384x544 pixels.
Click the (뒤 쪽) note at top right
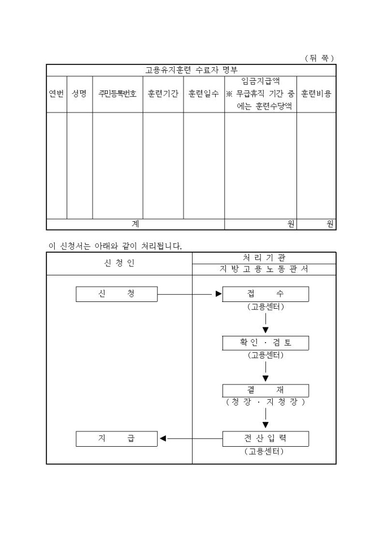point(319,58)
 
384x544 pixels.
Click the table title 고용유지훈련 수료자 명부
point(191,70)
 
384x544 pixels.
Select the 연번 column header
point(56,94)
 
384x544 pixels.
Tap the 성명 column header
point(79,94)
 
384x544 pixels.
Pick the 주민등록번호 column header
point(117,94)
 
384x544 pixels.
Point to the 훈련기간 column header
point(163,94)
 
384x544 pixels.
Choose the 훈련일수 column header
point(203,94)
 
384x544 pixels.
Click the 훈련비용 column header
point(316,94)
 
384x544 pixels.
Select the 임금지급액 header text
point(260,81)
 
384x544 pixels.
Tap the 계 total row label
point(135,224)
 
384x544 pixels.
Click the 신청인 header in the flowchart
point(119,264)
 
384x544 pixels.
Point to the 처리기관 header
point(264,258)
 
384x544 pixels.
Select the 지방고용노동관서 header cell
point(264,269)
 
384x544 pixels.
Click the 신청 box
point(116,294)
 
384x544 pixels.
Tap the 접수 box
point(265,294)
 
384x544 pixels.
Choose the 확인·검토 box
point(265,343)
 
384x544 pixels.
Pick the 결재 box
point(265,390)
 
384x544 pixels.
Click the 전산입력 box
point(265,439)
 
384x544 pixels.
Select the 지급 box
point(116,439)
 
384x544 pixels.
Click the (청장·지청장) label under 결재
point(265,402)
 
